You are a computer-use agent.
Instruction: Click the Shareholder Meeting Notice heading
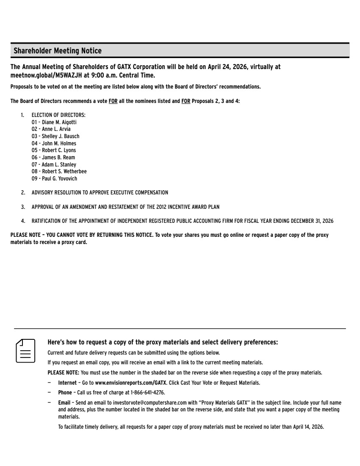coord(58,51)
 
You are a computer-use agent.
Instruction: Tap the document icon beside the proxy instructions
coord(25,350)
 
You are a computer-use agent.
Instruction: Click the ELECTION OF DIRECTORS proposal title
coord(59,115)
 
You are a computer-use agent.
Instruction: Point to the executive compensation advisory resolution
coord(100,193)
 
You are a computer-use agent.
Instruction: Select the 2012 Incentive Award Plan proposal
coord(126,207)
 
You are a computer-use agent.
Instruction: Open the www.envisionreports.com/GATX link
coord(131,383)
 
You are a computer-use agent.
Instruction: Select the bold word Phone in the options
coord(65,393)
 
